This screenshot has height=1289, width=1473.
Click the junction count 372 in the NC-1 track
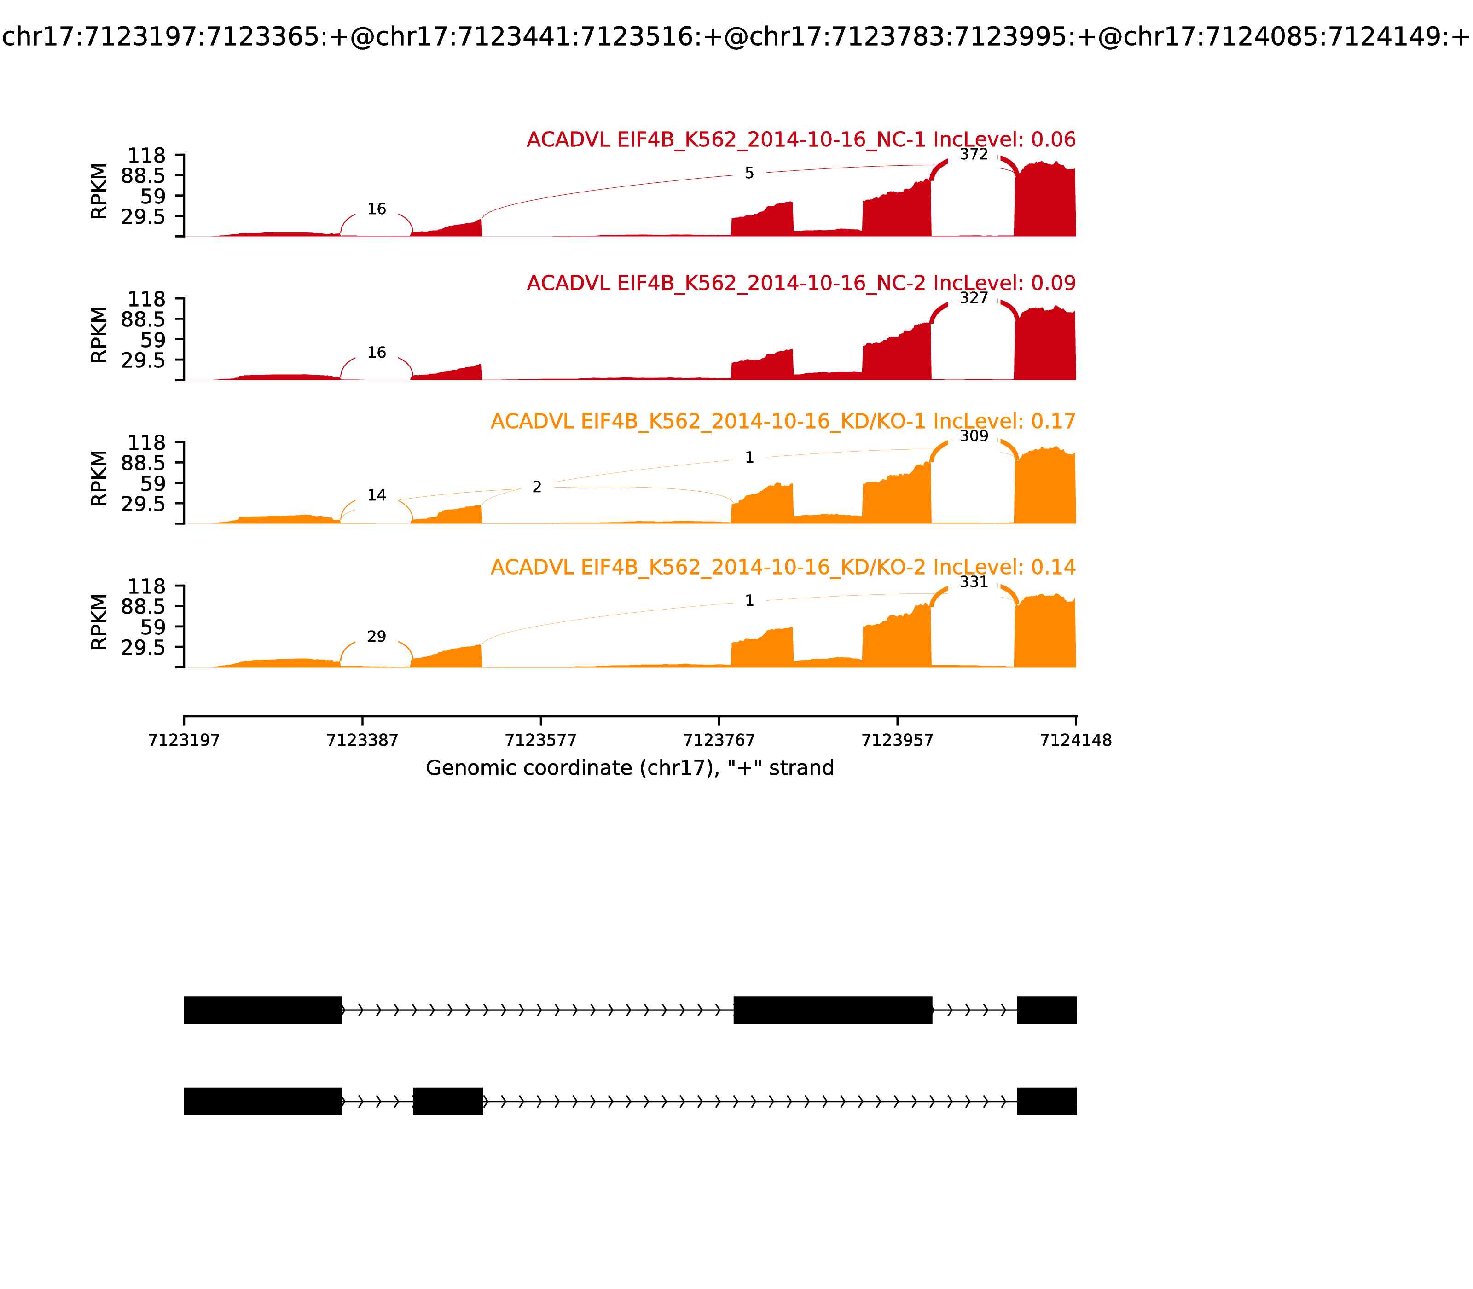(974, 155)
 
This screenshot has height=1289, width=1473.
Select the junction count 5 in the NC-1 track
(749, 174)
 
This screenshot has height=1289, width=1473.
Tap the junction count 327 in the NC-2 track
(974, 298)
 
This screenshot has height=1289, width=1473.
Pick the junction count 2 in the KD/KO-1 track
(537, 488)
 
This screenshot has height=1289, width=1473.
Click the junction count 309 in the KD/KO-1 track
(974, 436)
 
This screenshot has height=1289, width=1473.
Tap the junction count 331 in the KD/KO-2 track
(974, 582)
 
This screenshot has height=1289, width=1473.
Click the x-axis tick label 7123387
(363, 740)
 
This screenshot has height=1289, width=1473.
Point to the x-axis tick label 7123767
(719, 740)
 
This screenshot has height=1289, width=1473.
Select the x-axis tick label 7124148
(1075, 740)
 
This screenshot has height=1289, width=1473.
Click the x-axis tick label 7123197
(184, 740)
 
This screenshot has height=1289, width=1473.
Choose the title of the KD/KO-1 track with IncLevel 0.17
(783, 422)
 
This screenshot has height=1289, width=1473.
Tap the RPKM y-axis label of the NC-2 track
(99, 335)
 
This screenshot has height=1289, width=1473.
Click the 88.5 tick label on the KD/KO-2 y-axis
(143, 606)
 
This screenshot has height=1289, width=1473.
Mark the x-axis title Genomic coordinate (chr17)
(630, 768)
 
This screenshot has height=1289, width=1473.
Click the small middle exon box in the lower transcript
(448, 1101)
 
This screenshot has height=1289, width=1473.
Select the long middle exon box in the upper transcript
(833, 1010)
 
